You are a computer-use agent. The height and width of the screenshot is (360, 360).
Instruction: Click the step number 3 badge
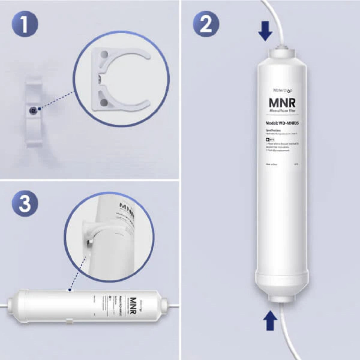[25, 204]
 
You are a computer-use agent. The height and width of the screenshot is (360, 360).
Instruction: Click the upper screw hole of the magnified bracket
[104, 55]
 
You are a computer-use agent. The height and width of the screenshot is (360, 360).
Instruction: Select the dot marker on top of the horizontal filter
[70, 290]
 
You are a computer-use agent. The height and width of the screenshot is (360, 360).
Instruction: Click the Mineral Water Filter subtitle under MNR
[282, 111]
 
